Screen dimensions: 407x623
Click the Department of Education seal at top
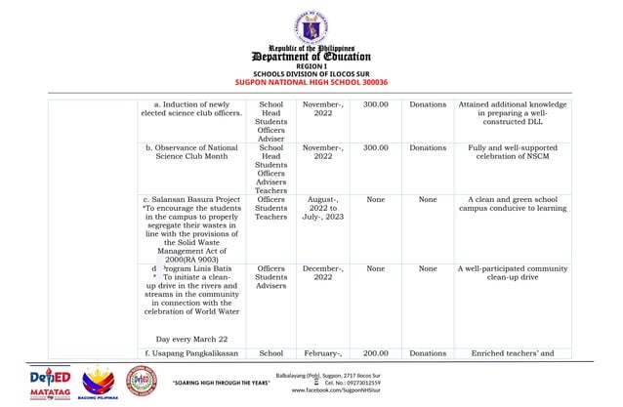click(311, 23)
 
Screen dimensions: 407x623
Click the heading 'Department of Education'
click(311, 56)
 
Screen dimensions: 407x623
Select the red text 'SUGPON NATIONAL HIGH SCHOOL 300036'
click(311, 82)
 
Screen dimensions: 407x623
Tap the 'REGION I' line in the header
click(311, 66)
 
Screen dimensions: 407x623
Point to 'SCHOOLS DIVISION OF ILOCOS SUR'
click(311, 74)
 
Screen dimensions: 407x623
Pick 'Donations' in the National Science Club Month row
click(428, 148)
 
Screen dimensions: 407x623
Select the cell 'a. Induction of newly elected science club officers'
click(191, 110)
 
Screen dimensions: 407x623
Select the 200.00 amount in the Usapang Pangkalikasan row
click(375, 352)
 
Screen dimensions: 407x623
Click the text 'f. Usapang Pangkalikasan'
click(191, 352)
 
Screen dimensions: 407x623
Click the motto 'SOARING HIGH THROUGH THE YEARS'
click(221, 384)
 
